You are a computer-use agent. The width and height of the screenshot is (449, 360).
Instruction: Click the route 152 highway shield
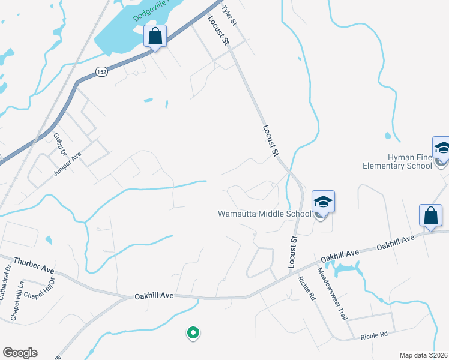(101, 72)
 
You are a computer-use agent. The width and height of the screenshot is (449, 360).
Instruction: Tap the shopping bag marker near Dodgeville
(155, 36)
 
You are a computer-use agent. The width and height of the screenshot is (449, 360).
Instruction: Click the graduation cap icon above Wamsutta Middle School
(322, 203)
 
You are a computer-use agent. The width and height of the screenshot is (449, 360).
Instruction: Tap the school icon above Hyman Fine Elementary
(441, 148)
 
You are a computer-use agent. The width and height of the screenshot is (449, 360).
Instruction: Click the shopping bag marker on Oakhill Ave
(430, 216)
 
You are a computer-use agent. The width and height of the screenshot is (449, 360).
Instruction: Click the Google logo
(20, 353)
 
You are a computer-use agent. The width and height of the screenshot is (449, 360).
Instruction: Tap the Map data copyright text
(423, 355)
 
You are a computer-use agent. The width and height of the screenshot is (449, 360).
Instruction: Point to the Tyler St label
(230, 16)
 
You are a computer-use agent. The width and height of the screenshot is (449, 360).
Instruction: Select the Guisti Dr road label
(59, 144)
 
